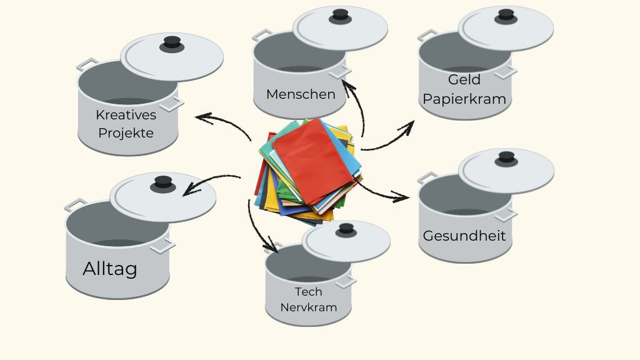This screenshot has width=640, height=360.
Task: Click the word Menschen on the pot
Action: (301, 94)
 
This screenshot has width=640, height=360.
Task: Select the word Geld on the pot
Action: (464, 80)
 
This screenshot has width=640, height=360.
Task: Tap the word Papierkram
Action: (464, 99)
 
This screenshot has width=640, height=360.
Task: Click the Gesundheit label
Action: (464, 236)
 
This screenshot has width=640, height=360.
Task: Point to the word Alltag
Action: (110, 269)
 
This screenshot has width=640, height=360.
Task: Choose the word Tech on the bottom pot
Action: (308, 292)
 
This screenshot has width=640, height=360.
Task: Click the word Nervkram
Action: (308, 307)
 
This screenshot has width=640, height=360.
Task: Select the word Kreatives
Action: (126, 115)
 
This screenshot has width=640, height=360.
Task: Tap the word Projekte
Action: (126, 133)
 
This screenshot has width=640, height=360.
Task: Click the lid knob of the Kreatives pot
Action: (171, 43)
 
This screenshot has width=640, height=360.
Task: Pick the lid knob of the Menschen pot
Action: (340, 15)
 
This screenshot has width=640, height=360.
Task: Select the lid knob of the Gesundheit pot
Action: (506, 158)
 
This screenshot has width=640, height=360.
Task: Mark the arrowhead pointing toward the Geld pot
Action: (408, 127)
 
